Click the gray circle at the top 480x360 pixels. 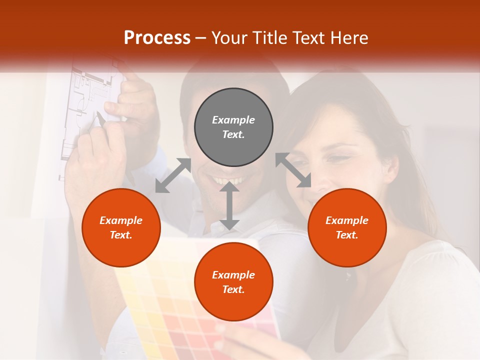tap(233, 127)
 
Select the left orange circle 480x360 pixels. tap(121, 227)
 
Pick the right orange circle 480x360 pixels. tap(347, 227)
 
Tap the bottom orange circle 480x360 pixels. tap(233, 282)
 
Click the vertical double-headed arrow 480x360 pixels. tap(229, 205)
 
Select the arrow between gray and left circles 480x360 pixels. tap(173, 175)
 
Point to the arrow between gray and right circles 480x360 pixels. tap(293, 170)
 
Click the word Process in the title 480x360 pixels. tap(157, 37)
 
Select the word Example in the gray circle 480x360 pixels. tap(233, 120)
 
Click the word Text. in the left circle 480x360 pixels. tap(121, 235)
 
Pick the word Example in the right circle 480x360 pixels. tap(347, 220)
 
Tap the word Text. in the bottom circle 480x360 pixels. tap(233, 289)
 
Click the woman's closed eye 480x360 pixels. tap(339, 159)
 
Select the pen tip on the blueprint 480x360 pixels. tap(98, 116)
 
